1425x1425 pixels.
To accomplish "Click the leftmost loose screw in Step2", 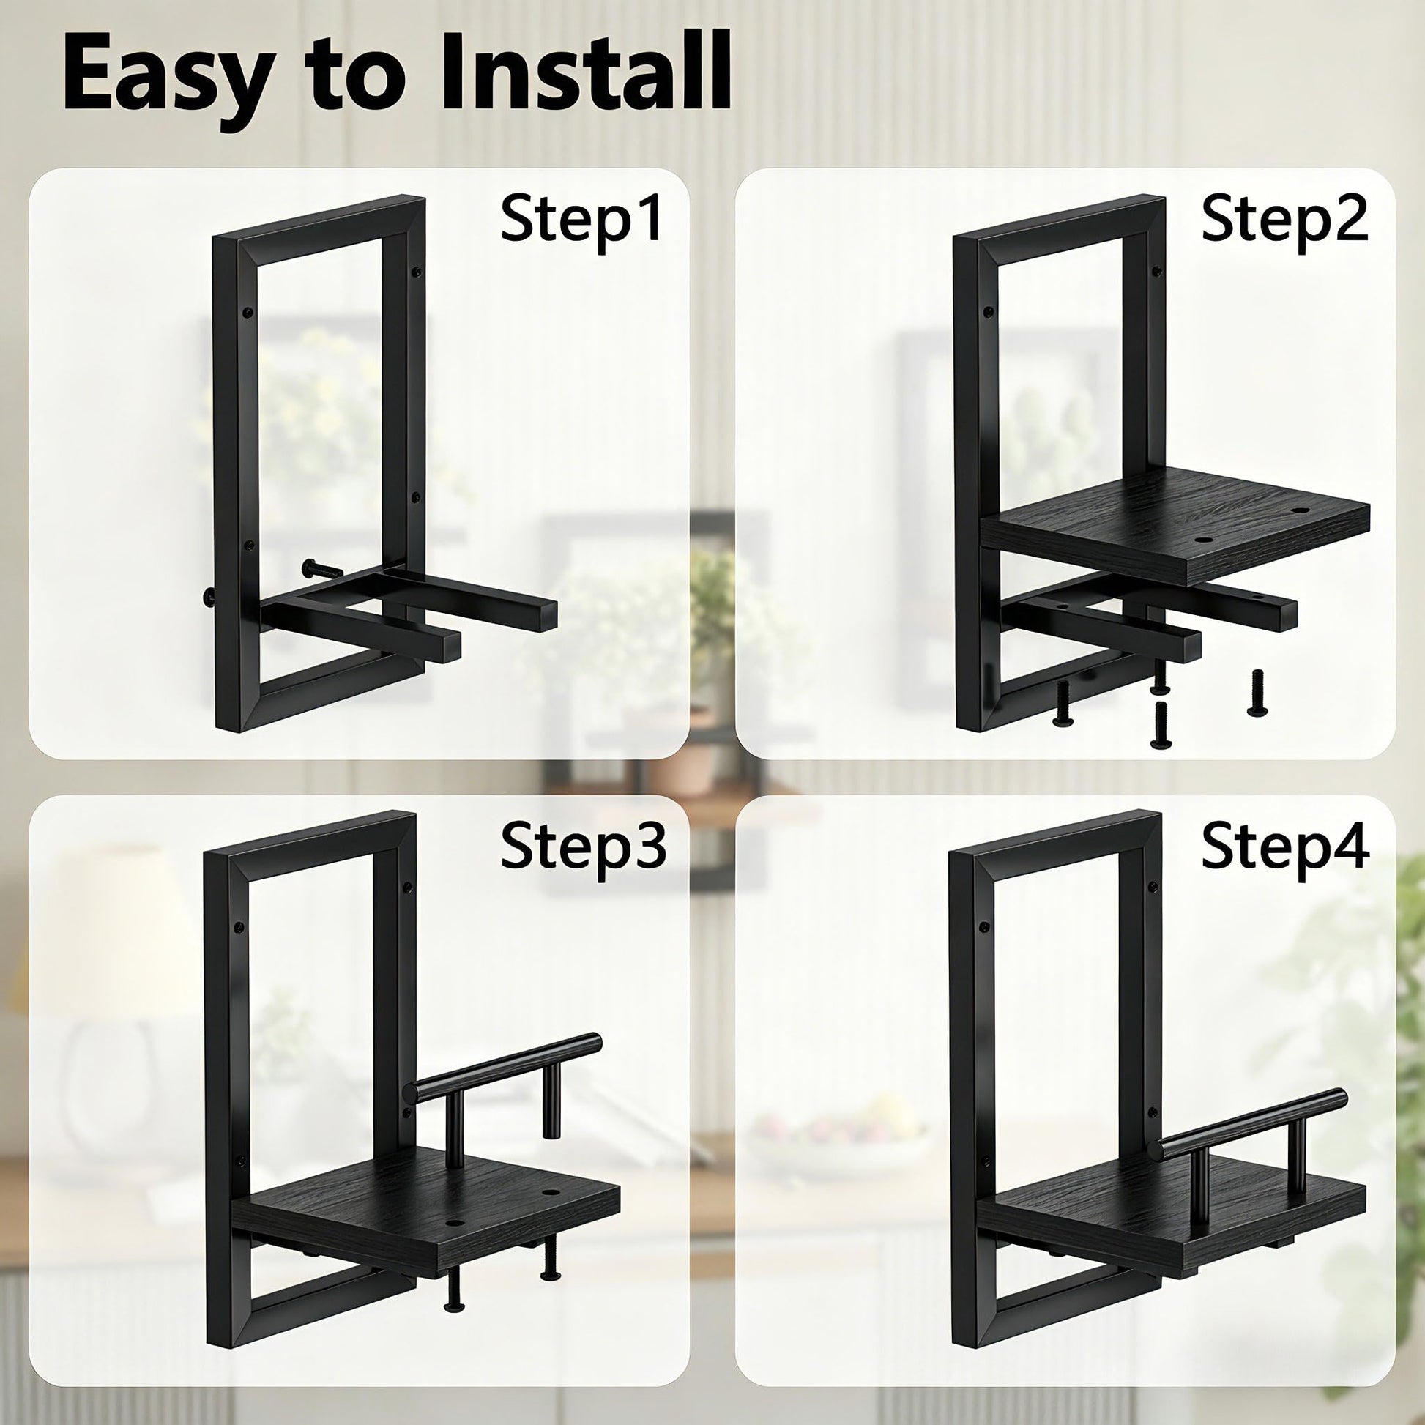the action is point(1063,701).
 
